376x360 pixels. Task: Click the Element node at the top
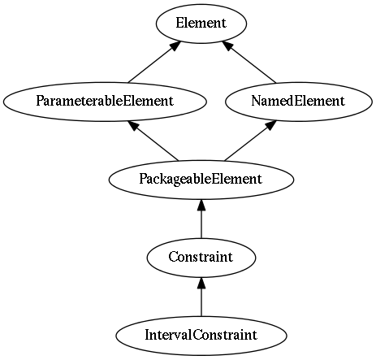(x=201, y=24)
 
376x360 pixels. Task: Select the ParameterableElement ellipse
(x=105, y=102)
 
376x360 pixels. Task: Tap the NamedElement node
(x=299, y=102)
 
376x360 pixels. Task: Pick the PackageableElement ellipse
(x=201, y=180)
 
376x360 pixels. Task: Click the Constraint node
(x=201, y=258)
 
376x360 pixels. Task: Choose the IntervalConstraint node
(x=201, y=336)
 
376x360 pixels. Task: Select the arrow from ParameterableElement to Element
(x=154, y=62)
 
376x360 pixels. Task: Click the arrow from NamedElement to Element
(x=249, y=62)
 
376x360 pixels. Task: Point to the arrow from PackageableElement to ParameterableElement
(x=153, y=141)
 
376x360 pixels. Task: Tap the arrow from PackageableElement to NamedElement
(x=250, y=141)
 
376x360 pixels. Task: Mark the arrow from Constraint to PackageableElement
(x=201, y=219)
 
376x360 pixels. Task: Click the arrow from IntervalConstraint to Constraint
(x=201, y=297)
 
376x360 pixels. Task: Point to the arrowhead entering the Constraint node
(x=201, y=283)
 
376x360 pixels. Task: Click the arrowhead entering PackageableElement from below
(x=201, y=205)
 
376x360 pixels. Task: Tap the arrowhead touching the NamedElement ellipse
(x=270, y=125)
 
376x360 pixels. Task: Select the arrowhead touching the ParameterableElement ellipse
(x=134, y=125)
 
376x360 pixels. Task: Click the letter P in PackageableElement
(x=143, y=179)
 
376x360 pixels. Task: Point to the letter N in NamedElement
(x=256, y=101)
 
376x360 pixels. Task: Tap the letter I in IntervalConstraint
(x=147, y=335)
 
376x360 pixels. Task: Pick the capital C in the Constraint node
(x=173, y=257)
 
